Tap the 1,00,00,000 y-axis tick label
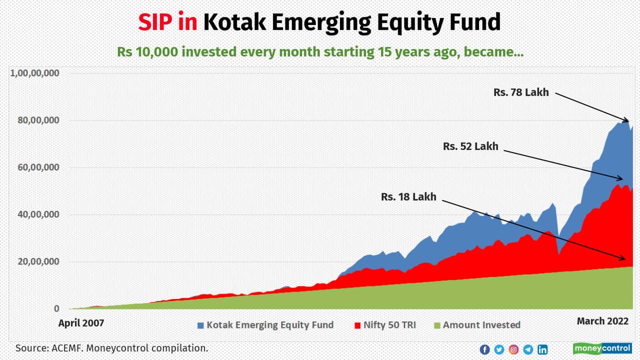(35, 73)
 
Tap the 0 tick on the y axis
(56, 309)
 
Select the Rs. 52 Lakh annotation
(470, 146)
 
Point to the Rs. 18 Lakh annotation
(408, 197)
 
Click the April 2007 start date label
(81, 323)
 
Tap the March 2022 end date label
(602, 321)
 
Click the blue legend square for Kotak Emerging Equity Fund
(200, 325)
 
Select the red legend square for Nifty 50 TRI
(357, 325)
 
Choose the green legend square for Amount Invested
(436, 325)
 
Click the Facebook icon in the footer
(484, 349)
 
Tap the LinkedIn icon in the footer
(542, 349)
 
